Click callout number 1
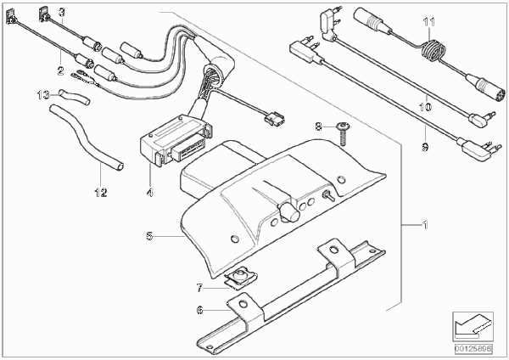pos(425,224)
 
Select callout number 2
pos(61,70)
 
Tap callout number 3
pos(62,13)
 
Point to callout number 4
pos(149,193)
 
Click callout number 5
pos(149,236)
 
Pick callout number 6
pos(199,310)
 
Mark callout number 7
pos(199,288)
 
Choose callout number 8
pos(319,127)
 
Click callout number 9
pos(425,147)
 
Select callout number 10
pos(426,107)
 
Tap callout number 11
pos(429,22)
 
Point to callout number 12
pos(101,193)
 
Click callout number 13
pos(43,95)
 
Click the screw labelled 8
pos(344,133)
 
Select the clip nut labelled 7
pos(240,277)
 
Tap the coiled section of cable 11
pos(433,51)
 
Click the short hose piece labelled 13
pos(74,98)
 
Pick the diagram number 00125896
pos(473,349)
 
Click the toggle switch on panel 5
pos(327,195)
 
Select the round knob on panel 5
pos(289,212)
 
